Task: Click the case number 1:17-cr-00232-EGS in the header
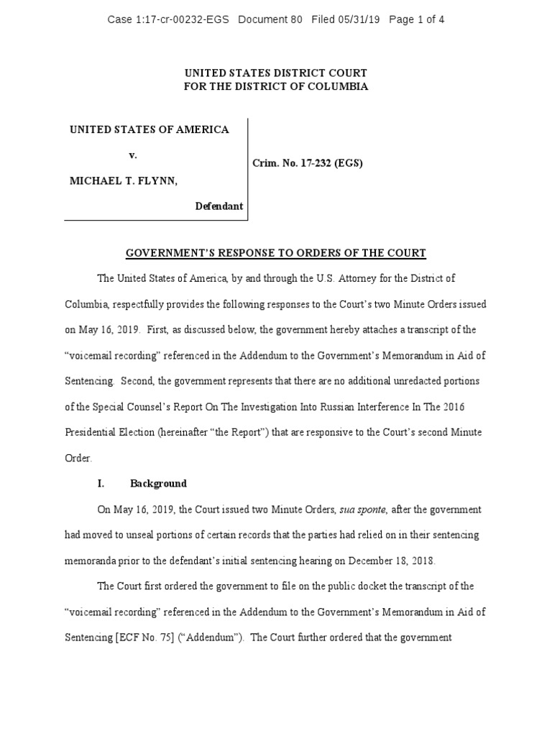coord(183,19)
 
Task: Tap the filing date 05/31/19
coord(357,19)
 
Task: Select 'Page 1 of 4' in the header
coord(416,19)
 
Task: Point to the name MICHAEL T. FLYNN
coord(123,181)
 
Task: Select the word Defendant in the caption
coord(219,206)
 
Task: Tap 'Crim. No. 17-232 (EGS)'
coord(307,163)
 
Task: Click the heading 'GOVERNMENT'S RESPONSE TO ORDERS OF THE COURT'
coord(276,253)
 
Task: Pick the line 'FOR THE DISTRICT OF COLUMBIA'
coord(276,86)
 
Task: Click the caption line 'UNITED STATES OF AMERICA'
coord(149,129)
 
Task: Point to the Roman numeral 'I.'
coord(101,484)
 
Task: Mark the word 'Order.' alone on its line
coord(79,458)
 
